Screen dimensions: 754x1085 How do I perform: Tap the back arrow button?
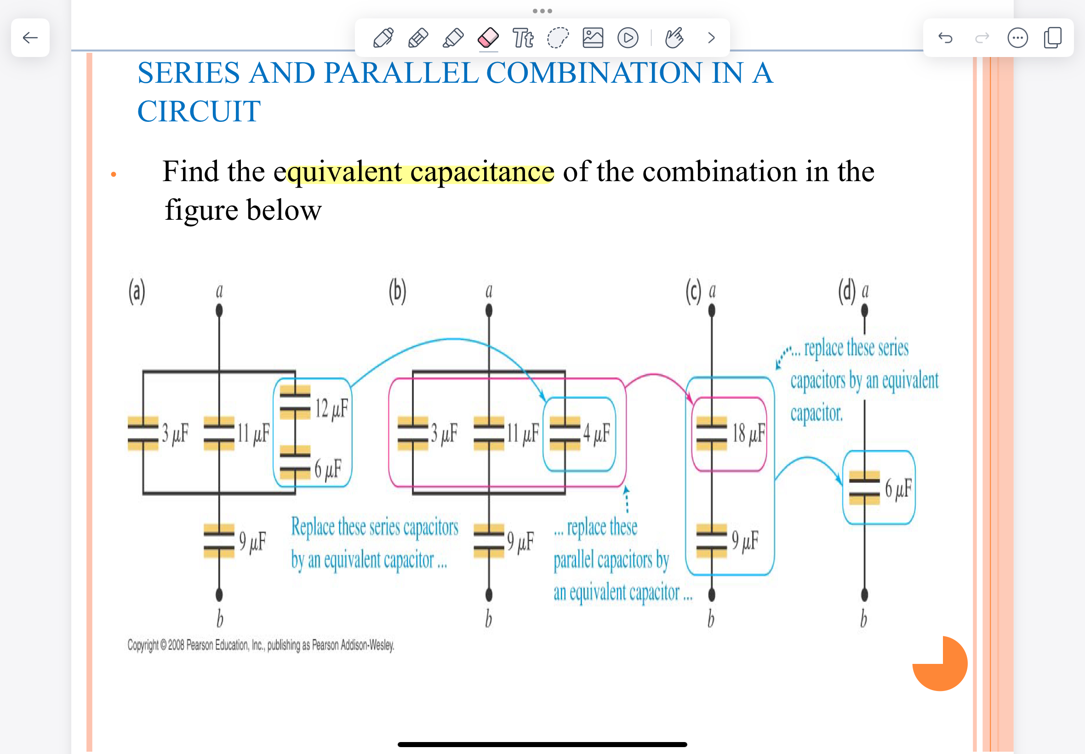pyautogui.click(x=30, y=38)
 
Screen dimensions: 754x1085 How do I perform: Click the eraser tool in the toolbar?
pyautogui.click(x=488, y=38)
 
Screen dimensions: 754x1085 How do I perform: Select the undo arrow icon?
pyautogui.click(x=945, y=38)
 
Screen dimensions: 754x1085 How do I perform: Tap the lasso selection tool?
pyautogui.click(x=558, y=38)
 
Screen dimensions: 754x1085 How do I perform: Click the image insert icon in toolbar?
pyautogui.click(x=593, y=38)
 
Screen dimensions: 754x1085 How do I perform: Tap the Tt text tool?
pyautogui.click(x=523, y=38)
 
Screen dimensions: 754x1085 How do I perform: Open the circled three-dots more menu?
pyautogui.click(x=1017, y=38)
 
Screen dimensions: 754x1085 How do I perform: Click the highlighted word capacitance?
pyautogui.click(x=482, y=172)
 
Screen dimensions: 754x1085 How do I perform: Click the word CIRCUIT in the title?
pyautogui.click(x=199, y=112)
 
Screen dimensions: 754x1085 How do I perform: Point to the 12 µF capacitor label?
pyautogui.click(x=331, y=409)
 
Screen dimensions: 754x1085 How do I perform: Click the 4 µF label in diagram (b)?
pyautogui.click(x=596, y=433)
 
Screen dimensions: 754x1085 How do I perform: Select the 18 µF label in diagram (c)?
pyautogui.click(x=748, y=433)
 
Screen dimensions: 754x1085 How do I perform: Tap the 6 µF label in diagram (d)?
pyautogui.click(x=897, y=489)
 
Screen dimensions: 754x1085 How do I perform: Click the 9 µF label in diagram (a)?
pyautogui.click(x=252, y=541)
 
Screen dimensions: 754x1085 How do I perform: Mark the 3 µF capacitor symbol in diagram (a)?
pyautogui.click(x=143, y=434)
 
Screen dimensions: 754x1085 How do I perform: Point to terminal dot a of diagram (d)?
pyautogui.click(x=864, y=310)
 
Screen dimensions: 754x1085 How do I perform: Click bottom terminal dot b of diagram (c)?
pyautogui.click(x=712, y=595)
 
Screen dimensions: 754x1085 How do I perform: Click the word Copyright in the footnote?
pyautogui.click(x=143, y=645)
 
